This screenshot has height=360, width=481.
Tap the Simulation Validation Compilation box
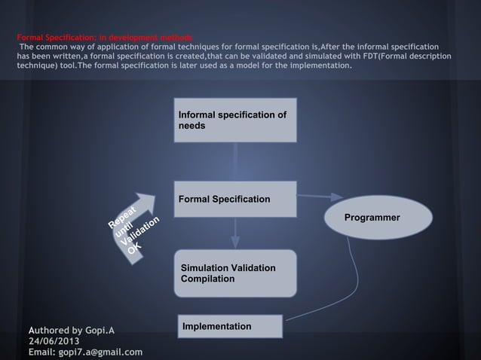coord(234,274)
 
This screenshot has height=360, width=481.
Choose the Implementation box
coord(229,326)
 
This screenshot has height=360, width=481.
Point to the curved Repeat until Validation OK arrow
coord(135,227)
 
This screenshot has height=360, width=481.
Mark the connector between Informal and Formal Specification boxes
coord(235,162)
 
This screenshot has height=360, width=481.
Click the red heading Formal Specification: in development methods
coord(105,37)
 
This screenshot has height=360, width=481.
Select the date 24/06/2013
coord(54,340)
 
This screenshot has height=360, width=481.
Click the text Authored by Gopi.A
coord(72,329)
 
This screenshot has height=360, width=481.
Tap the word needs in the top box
coord(191,126)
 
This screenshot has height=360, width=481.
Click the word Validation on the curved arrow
coord(140,230)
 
